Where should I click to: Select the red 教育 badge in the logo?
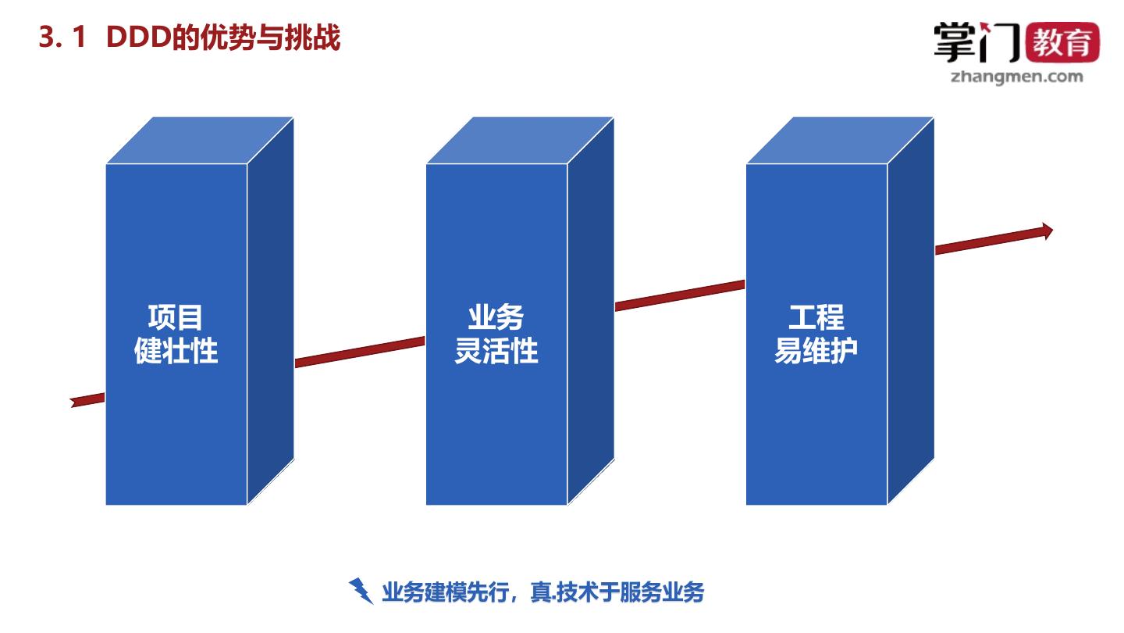[x=1065, y=42]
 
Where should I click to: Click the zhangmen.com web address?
[x=1017, y=76]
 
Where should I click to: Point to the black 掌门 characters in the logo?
[x=976, y=42]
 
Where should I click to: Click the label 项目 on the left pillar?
[x=176, y=317]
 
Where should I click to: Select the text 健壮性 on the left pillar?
[x=176, y=350]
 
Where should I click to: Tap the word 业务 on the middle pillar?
[x=496, y=317]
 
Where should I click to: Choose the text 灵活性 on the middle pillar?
[x=496, y=350]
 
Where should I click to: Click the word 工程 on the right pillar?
[x=816, y=317]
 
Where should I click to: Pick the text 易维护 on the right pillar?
[x=816, y=350]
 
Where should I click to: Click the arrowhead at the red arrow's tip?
[x=1045, y=231]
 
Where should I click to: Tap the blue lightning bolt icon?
[x=361, y=591]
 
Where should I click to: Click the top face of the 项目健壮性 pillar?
[x=200, y=141]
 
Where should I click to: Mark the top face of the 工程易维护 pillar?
[x=840, y=141]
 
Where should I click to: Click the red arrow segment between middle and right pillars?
[x=679, y=295]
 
